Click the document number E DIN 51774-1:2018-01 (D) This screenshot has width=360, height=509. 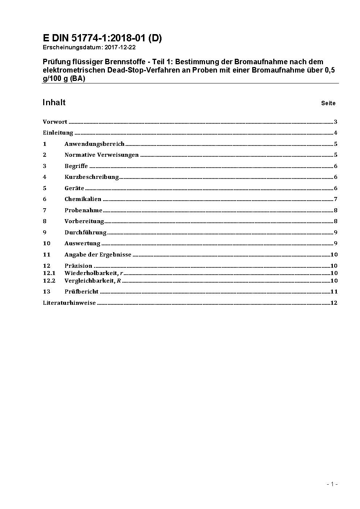102,38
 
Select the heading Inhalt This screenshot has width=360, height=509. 54,102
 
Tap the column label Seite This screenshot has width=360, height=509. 328,103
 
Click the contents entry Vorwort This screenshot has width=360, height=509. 55,122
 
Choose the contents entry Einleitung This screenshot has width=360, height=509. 58,133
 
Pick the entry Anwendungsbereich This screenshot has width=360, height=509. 94,144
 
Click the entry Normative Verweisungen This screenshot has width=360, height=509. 102,155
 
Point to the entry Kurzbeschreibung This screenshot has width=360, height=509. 91,177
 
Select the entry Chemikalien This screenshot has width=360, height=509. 83,199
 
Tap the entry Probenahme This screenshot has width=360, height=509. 83,210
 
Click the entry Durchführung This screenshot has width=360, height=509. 85,233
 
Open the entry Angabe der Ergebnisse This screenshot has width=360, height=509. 98,255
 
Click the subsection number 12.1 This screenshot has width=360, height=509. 49,273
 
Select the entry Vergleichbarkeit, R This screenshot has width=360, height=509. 93,280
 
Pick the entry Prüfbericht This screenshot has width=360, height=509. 81,292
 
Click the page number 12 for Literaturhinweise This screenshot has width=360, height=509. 334,303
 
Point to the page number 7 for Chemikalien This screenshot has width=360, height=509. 336,199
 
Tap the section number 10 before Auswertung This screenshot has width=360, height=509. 46,243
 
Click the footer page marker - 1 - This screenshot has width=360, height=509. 332,484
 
